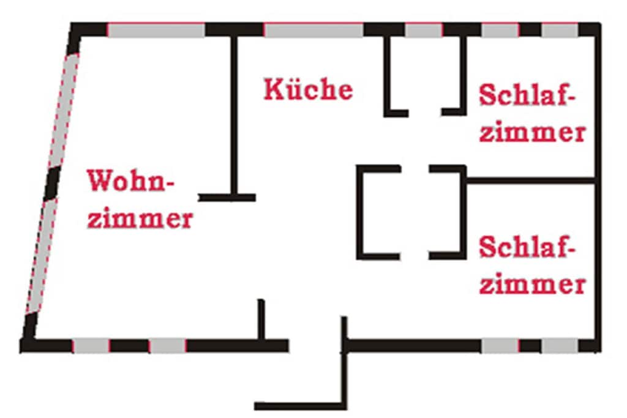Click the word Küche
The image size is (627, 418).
[309, 89]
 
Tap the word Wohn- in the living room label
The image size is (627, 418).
[131, 181]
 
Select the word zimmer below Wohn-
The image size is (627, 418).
[140, 218]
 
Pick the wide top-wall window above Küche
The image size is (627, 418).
[314, 30]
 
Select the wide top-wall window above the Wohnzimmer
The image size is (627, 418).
[156, 30]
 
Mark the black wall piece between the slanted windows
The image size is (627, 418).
[52, 183]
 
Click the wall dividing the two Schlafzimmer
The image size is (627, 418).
[530, 181]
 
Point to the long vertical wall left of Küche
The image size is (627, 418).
[235, 116]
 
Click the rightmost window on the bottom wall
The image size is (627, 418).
[560, 346]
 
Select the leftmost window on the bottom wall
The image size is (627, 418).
[91, 346]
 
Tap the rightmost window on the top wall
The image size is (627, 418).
[560, 30]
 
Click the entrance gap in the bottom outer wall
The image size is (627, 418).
[315, 346]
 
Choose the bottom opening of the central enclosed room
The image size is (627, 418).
[415, 256]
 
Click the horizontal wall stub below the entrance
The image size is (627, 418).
[300, 406]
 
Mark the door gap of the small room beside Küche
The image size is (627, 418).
[425, 112]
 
